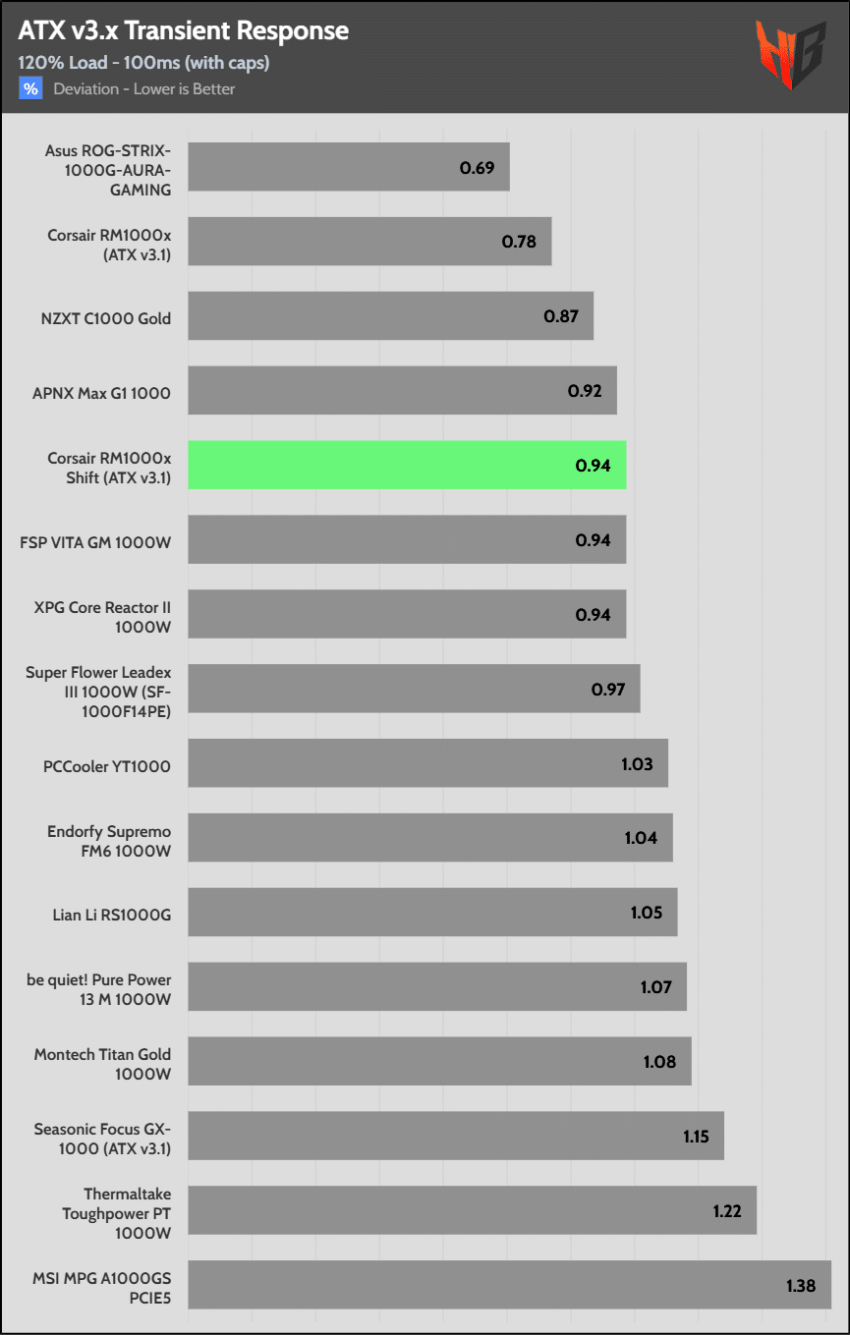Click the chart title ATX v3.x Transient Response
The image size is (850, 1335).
[183, 30]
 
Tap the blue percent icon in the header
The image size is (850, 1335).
[30, 89]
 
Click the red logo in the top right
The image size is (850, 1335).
[790, 56]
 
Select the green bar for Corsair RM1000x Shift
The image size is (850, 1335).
[407, 465]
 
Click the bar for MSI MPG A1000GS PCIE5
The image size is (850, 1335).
[509, 1285]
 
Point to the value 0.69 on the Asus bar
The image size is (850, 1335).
[477, 167]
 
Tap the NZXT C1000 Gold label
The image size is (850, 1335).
[106, 318]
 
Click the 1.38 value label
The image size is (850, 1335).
[801, 1285]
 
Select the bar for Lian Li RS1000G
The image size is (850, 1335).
[432, 913]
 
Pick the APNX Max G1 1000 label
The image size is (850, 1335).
[101, 393]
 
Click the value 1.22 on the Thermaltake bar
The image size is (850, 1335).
[727, 1210]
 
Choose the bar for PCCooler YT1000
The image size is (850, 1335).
[427, 763]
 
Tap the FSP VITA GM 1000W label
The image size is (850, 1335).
[95, 540]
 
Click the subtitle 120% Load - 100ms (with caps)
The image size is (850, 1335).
[143, 63]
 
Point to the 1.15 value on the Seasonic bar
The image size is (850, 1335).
[697, 1137]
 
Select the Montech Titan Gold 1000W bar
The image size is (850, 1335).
[439, 1062]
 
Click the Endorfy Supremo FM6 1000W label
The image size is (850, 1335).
[109, 842]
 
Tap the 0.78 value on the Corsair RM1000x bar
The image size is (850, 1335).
[519, 242]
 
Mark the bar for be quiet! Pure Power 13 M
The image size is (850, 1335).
[436, 987]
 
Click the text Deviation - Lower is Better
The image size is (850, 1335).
[144, 89]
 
